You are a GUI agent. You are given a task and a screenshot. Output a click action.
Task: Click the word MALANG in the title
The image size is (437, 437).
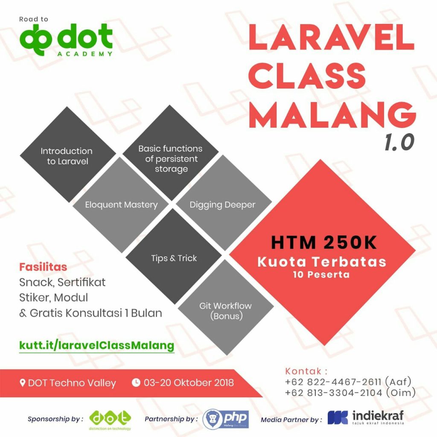(x=332, y=113)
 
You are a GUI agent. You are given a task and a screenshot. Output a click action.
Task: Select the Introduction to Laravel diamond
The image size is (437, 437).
(x=67, y=156)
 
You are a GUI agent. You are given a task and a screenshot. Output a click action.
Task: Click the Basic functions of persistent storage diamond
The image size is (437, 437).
(x=170, y=158)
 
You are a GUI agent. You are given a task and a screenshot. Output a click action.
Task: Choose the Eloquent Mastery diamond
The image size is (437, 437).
(x=121, y=205)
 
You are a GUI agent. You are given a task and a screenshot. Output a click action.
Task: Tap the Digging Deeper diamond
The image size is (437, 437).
(x=222, y=205)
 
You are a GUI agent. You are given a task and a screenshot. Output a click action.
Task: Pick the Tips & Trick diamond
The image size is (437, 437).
(x=174, y=258)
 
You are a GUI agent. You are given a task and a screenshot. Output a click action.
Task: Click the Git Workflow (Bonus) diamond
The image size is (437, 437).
(x=225, y=310)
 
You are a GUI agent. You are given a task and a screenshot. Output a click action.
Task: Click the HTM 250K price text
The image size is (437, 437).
(x=324, y=243)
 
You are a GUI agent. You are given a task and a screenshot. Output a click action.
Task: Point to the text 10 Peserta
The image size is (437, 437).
(x=321, y=274)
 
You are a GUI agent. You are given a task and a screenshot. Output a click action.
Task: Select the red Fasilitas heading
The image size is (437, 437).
(x=43, y=267)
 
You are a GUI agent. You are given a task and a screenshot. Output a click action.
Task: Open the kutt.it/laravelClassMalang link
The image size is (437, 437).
(x=97, y=345)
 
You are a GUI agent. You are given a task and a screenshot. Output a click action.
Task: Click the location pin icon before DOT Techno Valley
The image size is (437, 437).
(x=23, y=382)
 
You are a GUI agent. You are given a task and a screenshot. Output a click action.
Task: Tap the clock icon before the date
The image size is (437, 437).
(x=136, y=382)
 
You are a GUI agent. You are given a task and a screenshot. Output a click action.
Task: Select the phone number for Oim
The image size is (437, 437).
(x=333, y=393)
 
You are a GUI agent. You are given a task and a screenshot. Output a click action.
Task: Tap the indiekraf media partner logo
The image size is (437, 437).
(x=365, y=418)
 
